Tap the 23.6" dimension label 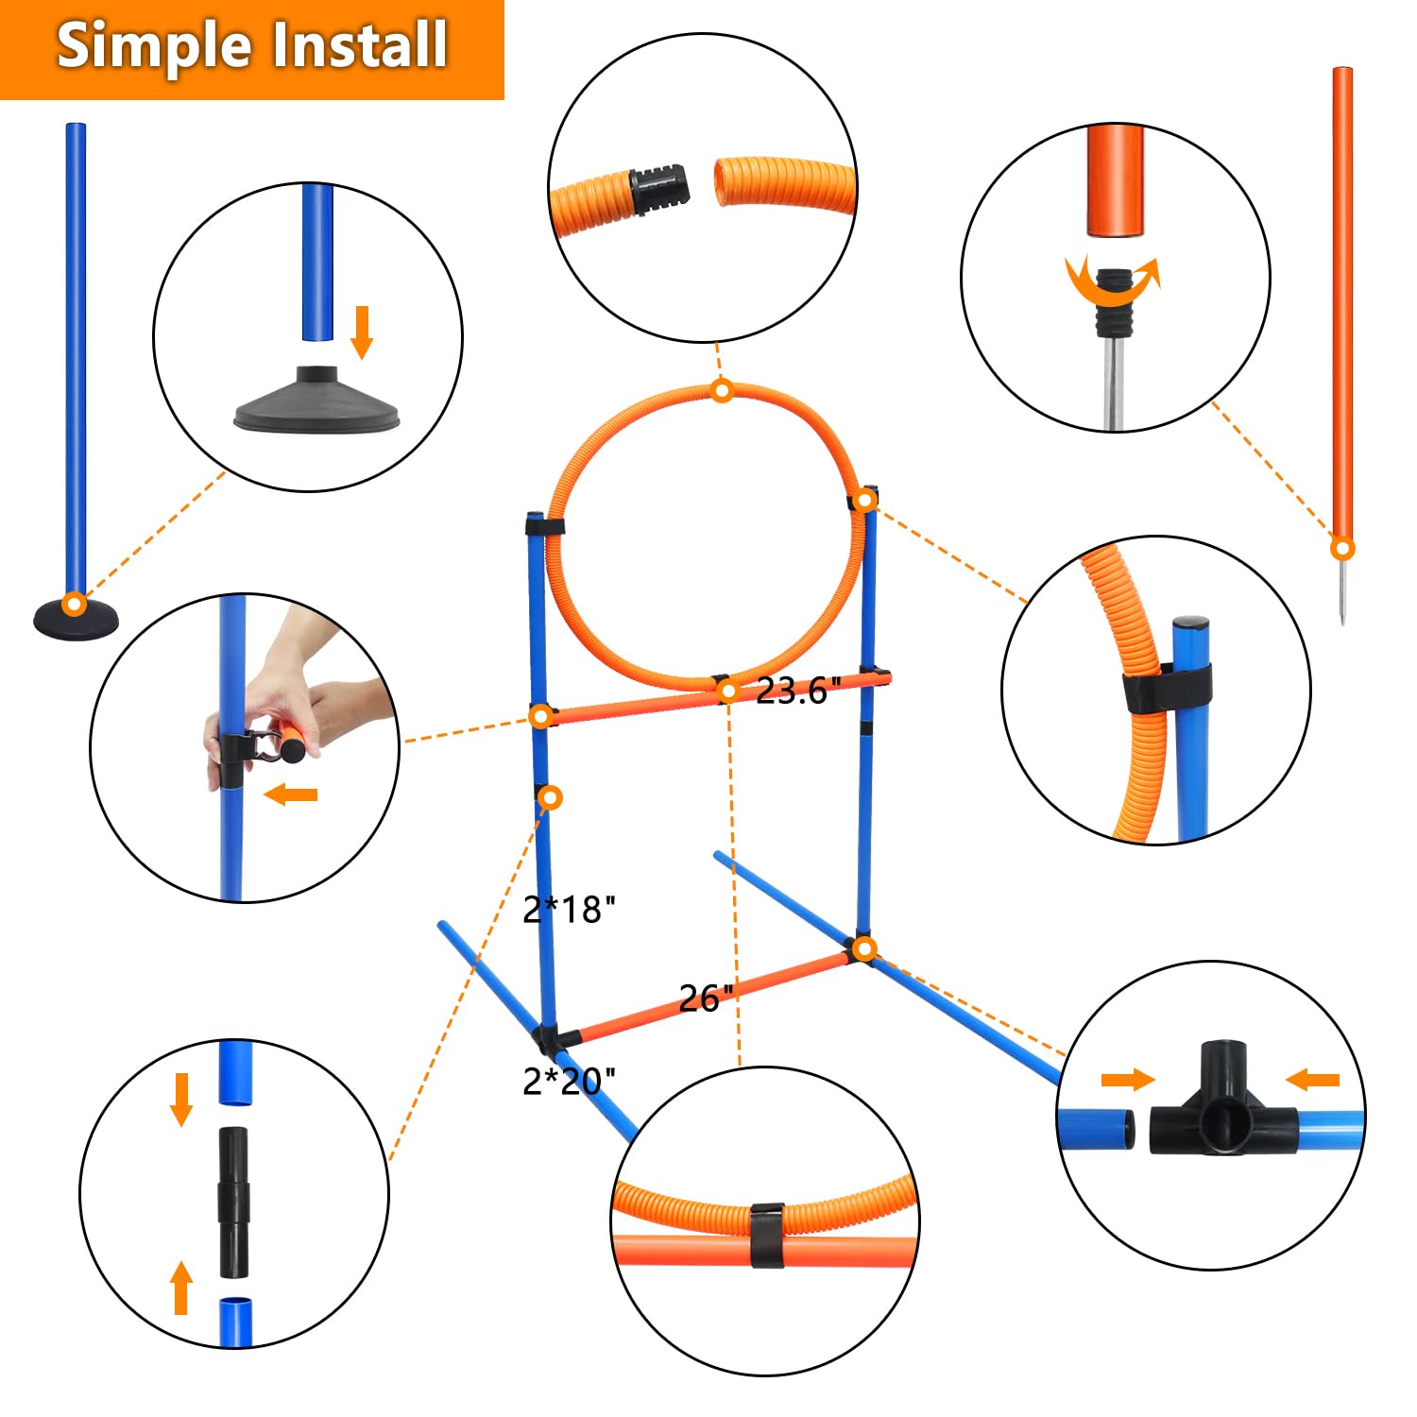(797, 691)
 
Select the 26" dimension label (706, 998)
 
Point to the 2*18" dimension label (570, 909)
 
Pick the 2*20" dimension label (570, 1080)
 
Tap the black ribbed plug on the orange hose (658, 188)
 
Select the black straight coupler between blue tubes (236, 1201)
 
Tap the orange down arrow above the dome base (361, 332)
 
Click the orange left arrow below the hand (291, 794)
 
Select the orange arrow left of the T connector (1128, 1079)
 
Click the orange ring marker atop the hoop (722, 389)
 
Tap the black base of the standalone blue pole (77, 619)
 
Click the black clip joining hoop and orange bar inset (767, 1235)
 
